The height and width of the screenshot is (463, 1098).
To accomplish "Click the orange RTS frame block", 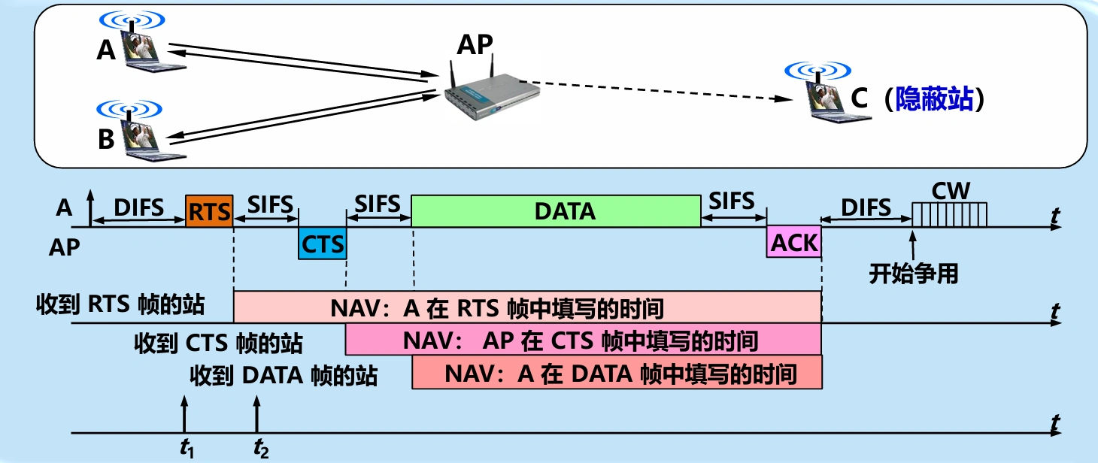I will pos(210,211).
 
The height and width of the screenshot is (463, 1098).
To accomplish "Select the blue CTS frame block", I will pos(323,244).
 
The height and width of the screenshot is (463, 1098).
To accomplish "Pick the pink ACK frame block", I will pos(793,243).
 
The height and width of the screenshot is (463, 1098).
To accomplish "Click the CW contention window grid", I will pos(949,215).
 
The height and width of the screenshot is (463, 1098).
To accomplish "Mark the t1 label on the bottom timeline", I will pos(187,449).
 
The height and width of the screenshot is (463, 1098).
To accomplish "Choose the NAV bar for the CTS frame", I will pos(583,340).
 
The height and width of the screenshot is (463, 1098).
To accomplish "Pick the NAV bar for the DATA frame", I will pos(617,373).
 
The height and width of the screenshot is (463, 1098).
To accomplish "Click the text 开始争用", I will pos(914,274).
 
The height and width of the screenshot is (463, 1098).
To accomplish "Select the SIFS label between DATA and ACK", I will pos(733,201).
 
